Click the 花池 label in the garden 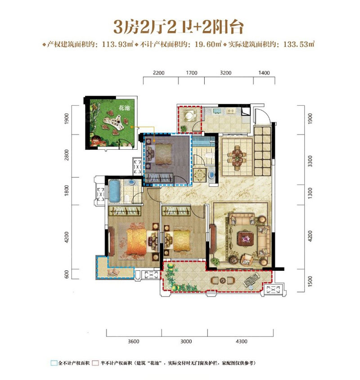click(x=124, y=107)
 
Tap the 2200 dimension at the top click(x=159, y=73)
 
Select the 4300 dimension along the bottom click(x=241, y=341)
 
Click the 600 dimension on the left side click(x=67, y=274)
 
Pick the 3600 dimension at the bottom click(x=133, y=341)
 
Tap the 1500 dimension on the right click(x=310, y=282)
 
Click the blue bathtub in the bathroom click(x=114, y=191)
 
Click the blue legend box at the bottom click(x=54, y=363)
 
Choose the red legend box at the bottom click(x=95, y=363)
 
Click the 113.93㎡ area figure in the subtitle click(x=118, y=44)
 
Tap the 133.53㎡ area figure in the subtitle click(x=299, y=44)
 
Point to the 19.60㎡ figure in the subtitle click(x=208, y=44)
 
